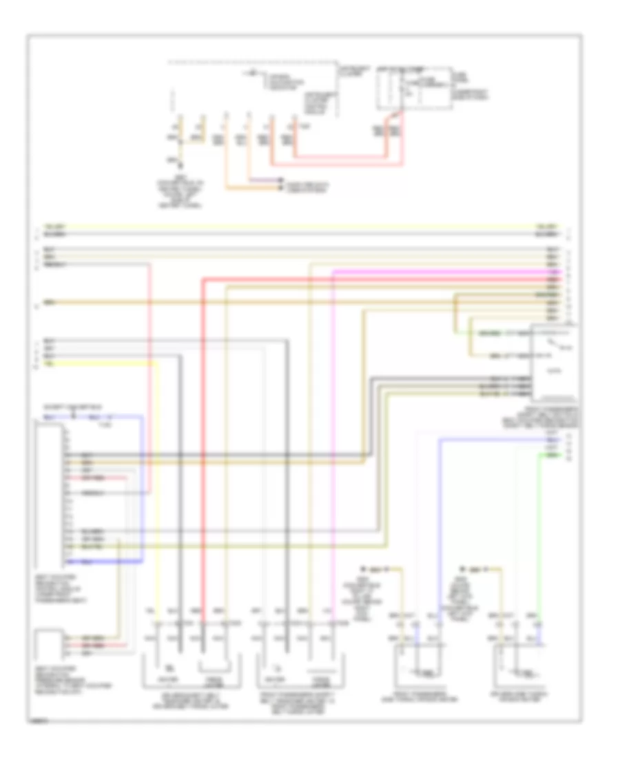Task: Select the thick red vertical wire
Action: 203,447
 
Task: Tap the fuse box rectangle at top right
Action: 411,88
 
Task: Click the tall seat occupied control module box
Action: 48,491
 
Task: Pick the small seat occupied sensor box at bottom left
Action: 48,645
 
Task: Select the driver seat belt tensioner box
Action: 192,668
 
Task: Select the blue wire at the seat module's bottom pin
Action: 103,562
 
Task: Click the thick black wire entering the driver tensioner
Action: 179,482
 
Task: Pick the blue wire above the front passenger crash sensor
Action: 439,523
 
